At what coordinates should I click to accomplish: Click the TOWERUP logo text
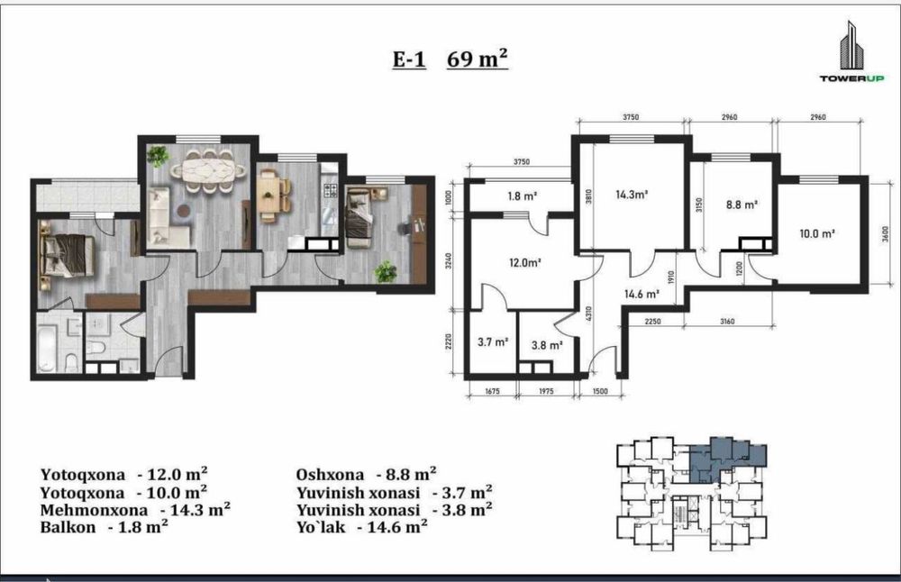coord(851,78)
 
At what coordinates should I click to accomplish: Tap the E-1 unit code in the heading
coord(409,59)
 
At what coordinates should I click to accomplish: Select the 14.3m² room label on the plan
coord(632,195)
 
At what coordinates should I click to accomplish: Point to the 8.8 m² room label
coord(742,204)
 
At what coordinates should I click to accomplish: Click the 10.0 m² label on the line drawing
coord(816,234)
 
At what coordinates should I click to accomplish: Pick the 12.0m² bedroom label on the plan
coord(525,263)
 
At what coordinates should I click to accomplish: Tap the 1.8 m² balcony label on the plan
coord(522,196)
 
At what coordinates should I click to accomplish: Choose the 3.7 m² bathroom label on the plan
coord(493,342)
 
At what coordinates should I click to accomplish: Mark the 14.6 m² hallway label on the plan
coord(642,295)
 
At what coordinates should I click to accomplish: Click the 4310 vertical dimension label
coord(588,314)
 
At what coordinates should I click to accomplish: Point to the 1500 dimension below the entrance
coord(599,391)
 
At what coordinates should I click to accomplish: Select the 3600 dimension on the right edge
coord(885,234)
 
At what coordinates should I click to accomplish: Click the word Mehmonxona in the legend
coord(94,510)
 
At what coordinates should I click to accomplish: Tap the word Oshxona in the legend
coord(330,475)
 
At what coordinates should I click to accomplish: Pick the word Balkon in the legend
coord(68,527)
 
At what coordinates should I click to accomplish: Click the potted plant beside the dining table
coord(157,156)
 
